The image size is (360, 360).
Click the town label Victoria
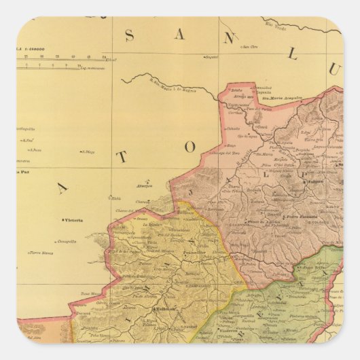[x=71, y=220]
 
